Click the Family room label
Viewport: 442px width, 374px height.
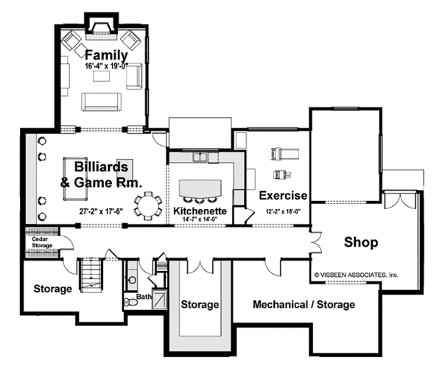pyautogui.click(x=106, y=55)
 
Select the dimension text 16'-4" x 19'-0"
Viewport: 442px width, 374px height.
pyautogui.click(x=107, y=66)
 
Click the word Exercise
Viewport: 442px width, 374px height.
pyautogui.click(x=282, y=196)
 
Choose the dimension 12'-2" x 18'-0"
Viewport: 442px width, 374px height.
pyautogui.click(x=283, y=211)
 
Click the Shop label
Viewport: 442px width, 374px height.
pyautogui.click(x=360, y=241)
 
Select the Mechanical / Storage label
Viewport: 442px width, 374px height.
pyautogui.click(x=304, y=304)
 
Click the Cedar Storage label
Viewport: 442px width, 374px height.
pyautogui.click(x=40, y=242)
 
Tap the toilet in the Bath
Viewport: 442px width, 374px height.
pyautogui.click(x=130, y=301)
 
